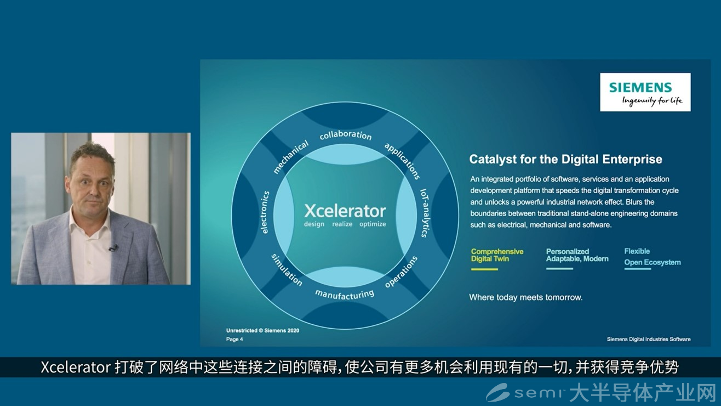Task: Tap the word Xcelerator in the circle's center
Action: click(345, 211)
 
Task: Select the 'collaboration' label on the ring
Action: click(346, 135)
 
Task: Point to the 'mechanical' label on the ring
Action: click(290, 157)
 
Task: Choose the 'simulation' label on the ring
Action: click(287, 270)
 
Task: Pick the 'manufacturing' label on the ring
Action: click(345, 294)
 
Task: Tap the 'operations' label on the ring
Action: click(402, 272)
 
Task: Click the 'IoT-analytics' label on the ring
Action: click(425, 213)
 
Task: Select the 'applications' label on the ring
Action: click(402, 161)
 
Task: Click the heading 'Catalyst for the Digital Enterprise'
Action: click(565, 159)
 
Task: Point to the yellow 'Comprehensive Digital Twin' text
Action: click(497, 255)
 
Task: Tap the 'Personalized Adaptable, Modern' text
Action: click(577, 255)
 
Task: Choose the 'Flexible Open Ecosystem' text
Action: click(653, 257)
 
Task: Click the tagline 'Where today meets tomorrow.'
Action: click(525, 297)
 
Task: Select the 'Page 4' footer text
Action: click(234, 339)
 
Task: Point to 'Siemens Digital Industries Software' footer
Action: click(649, 339)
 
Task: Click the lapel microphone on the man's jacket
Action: click(113, 248)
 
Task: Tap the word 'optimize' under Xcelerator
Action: click(373, 224)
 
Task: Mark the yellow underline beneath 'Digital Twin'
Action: click(484, 269)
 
